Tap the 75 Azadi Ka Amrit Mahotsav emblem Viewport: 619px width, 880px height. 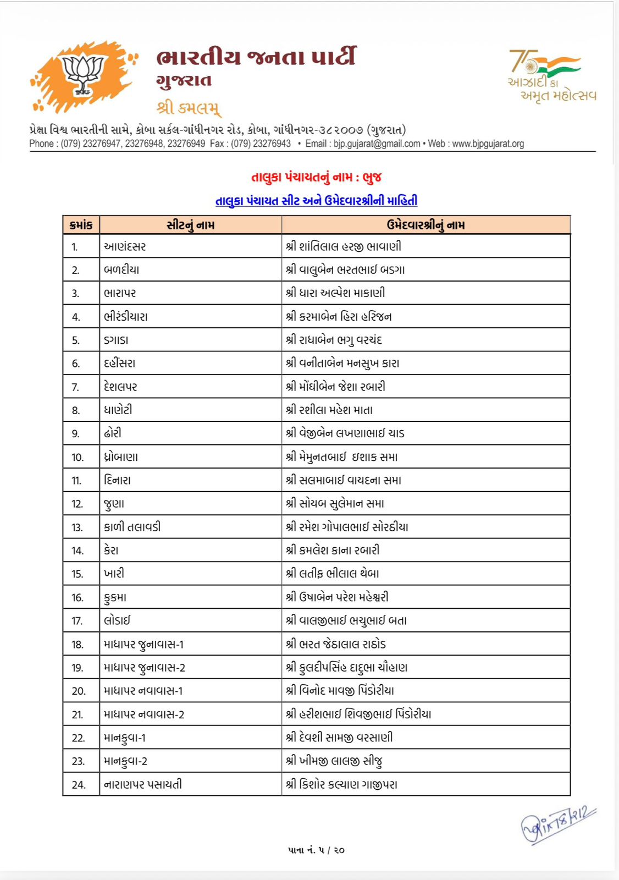[x=551, y=76]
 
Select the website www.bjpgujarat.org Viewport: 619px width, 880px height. [x=488, y=144]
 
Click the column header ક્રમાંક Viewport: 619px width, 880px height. [x=81, y=225]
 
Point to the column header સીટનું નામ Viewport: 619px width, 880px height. [x=190, y=225]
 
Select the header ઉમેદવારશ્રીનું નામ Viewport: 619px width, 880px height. [x=425, y=225]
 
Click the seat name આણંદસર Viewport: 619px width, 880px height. [x=125, y=246]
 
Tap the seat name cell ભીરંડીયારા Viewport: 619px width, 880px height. [x=126, y=317]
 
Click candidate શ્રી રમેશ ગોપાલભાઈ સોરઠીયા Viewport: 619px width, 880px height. [x=347, y=527]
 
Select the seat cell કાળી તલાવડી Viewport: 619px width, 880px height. [x=132, y=527]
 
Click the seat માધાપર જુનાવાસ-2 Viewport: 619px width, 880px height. [x=145, y=668]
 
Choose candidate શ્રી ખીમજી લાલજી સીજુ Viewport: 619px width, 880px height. [x=334, y=761]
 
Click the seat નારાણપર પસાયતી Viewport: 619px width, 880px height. [x=143, y=785]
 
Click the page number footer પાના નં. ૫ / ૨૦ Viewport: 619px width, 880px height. [x=316, y=850]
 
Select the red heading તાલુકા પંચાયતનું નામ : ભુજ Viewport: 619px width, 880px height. [x=316, y=177]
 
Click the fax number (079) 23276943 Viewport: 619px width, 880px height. [x=261, y=144]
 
